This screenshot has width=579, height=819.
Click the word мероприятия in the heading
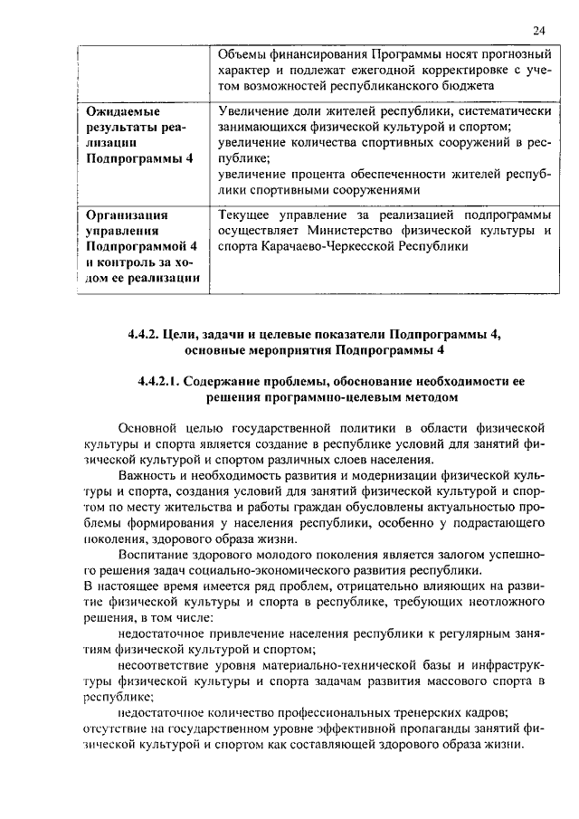[x=283, y=349]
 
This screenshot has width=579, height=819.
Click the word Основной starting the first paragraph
[x=148, y=427]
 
